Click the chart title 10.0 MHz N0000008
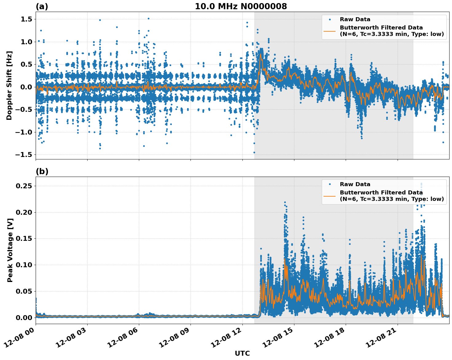(241, 6)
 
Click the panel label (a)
(42, 6)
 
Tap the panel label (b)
(42, 171)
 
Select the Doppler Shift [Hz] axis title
(9, 85)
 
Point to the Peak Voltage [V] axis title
(10, 250)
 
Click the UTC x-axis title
(242, 353)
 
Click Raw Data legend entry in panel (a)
(355, 19)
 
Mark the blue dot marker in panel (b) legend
(330, 184)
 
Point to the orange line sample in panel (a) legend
(330, 31)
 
